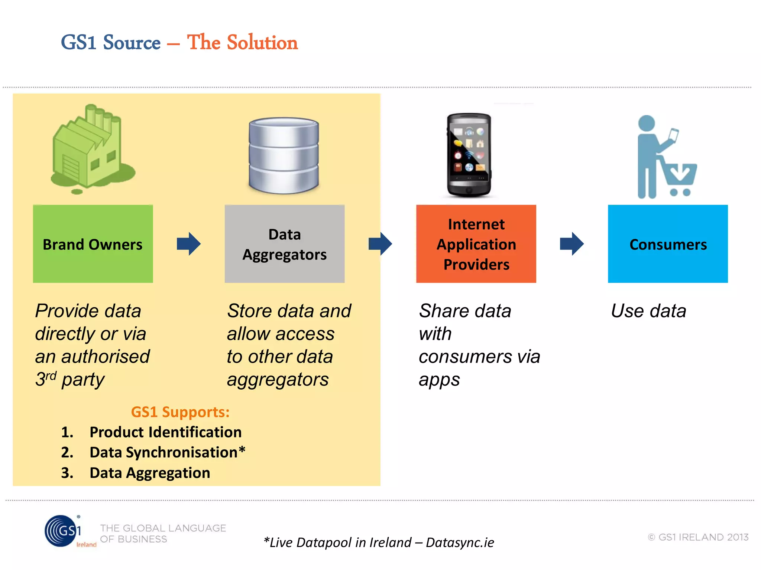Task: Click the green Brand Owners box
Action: (93, 244)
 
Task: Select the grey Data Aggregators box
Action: (284, 244)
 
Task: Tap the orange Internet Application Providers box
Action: (476, 244)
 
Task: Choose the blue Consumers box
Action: (668, 244)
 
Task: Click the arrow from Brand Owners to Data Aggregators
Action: (189, 244)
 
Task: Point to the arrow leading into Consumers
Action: (572, 244)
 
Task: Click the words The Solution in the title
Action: (242, 42)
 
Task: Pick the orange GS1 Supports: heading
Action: (180, 412)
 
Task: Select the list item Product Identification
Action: (165, 432)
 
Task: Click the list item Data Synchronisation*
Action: (167, 452)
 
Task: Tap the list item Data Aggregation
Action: (150, 473)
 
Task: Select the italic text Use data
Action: (648, 311)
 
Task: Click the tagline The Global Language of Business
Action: (163, 533)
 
